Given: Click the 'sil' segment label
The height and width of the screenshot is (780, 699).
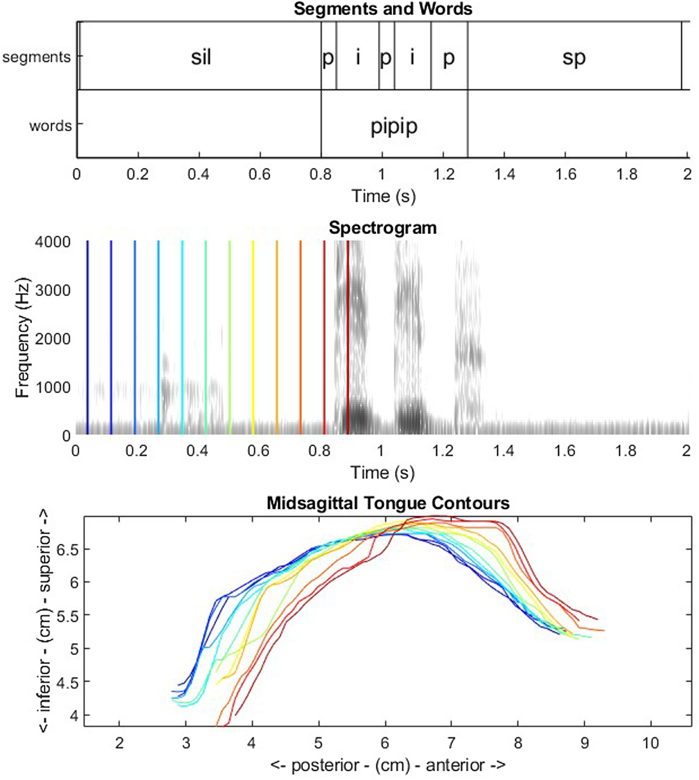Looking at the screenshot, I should click(x=201, y=58).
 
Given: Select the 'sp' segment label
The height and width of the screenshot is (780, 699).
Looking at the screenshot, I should click(x=574, y=58).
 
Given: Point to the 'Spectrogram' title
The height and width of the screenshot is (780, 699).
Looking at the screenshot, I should click(x=383, y=228).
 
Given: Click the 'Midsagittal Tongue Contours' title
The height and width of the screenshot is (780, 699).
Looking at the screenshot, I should click(x=388, y=503).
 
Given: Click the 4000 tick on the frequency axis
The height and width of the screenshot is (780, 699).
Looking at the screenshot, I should click(x=53, y=242).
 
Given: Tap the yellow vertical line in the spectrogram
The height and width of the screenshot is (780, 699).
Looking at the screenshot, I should click(x=253, y=338).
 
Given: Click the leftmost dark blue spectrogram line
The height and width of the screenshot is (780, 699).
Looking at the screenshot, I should click(x=87, y=338).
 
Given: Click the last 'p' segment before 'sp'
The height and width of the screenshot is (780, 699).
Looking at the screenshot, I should click(x=449, y=58).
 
